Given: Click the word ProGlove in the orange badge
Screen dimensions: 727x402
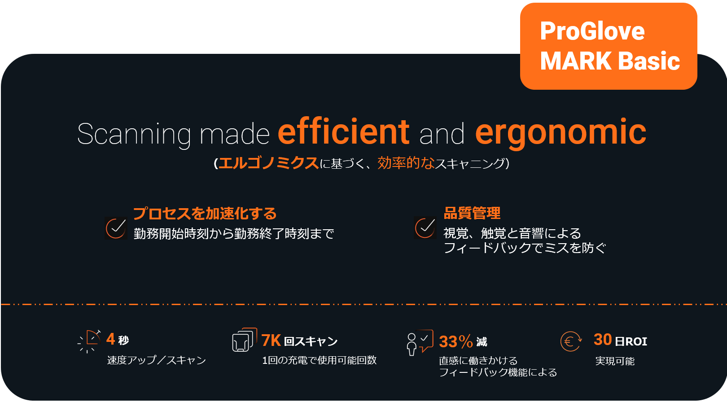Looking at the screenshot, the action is tap(592, 31).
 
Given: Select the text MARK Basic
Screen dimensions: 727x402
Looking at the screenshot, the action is tap(610, 61).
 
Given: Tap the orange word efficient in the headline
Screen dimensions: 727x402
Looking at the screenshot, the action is tap(343, 131).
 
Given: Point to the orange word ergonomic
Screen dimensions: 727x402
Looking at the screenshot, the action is tap(561, 133).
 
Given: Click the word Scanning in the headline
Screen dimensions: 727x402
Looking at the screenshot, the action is tap(134, 135).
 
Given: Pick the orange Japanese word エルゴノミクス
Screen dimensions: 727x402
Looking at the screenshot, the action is tap(268, 163).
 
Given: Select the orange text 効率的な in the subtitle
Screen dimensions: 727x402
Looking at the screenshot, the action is tap(406, 163).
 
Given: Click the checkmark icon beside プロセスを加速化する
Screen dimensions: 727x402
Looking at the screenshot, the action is tap(116, 228).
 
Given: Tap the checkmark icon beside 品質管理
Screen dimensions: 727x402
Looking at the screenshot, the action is tap(425, 228).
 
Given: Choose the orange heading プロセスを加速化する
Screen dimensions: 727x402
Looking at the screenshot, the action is tap(205, 214).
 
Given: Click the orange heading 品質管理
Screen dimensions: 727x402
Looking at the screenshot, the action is tap(472, 213).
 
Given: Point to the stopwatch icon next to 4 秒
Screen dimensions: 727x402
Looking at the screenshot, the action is tap(89, 341).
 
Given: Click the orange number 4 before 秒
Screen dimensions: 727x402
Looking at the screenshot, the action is tap(110, 339).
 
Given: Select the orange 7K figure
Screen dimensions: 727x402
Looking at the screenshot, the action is tap(271, 341).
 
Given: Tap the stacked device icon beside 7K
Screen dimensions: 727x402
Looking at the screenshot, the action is tap(245, 340).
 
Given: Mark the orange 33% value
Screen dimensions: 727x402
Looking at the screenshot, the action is tap(455, 341).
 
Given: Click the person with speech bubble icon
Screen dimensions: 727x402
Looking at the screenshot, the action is tap(420, 343).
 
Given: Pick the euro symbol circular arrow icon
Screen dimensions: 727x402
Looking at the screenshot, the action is tap(571, 341).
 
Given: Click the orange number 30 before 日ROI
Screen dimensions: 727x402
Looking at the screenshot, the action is tap(603, 340).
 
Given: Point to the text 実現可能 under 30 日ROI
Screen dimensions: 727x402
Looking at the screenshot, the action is tap(615, 361).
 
